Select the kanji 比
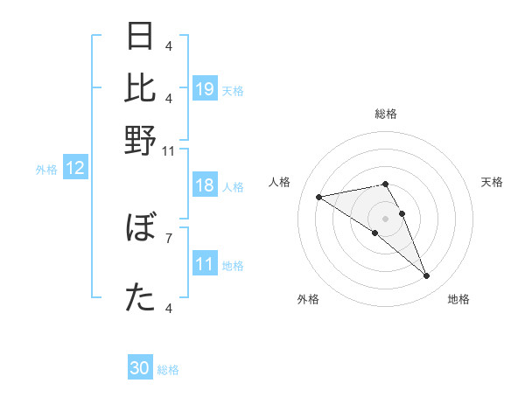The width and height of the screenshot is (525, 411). coord(141,88)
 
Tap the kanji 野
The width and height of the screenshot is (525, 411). coord(141,140)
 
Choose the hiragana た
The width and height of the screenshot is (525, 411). coord(141,298)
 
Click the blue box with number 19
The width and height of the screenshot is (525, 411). coord(205,89)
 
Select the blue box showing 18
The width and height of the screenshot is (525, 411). coord(205,186)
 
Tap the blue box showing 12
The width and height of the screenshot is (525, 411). coord(75,169)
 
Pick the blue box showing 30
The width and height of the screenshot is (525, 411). coord(140,369)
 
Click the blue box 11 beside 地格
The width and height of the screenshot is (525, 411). coord(205,265)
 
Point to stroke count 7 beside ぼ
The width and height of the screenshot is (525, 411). coord(169,237)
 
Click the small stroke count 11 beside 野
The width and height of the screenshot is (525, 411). coord(169,151)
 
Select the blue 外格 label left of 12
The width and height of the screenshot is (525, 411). coord(46,170)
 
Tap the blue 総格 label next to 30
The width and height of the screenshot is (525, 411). coord(168,370)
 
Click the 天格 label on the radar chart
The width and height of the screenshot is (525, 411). coord(492,182)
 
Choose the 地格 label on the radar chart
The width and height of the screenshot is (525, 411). coord(458,299)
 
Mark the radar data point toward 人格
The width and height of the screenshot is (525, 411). coord(319,197)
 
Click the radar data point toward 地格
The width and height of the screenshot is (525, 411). coord(426,276)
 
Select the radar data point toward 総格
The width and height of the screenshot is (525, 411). coord(385,184)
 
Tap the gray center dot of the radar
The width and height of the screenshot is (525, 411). coord(385,218)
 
